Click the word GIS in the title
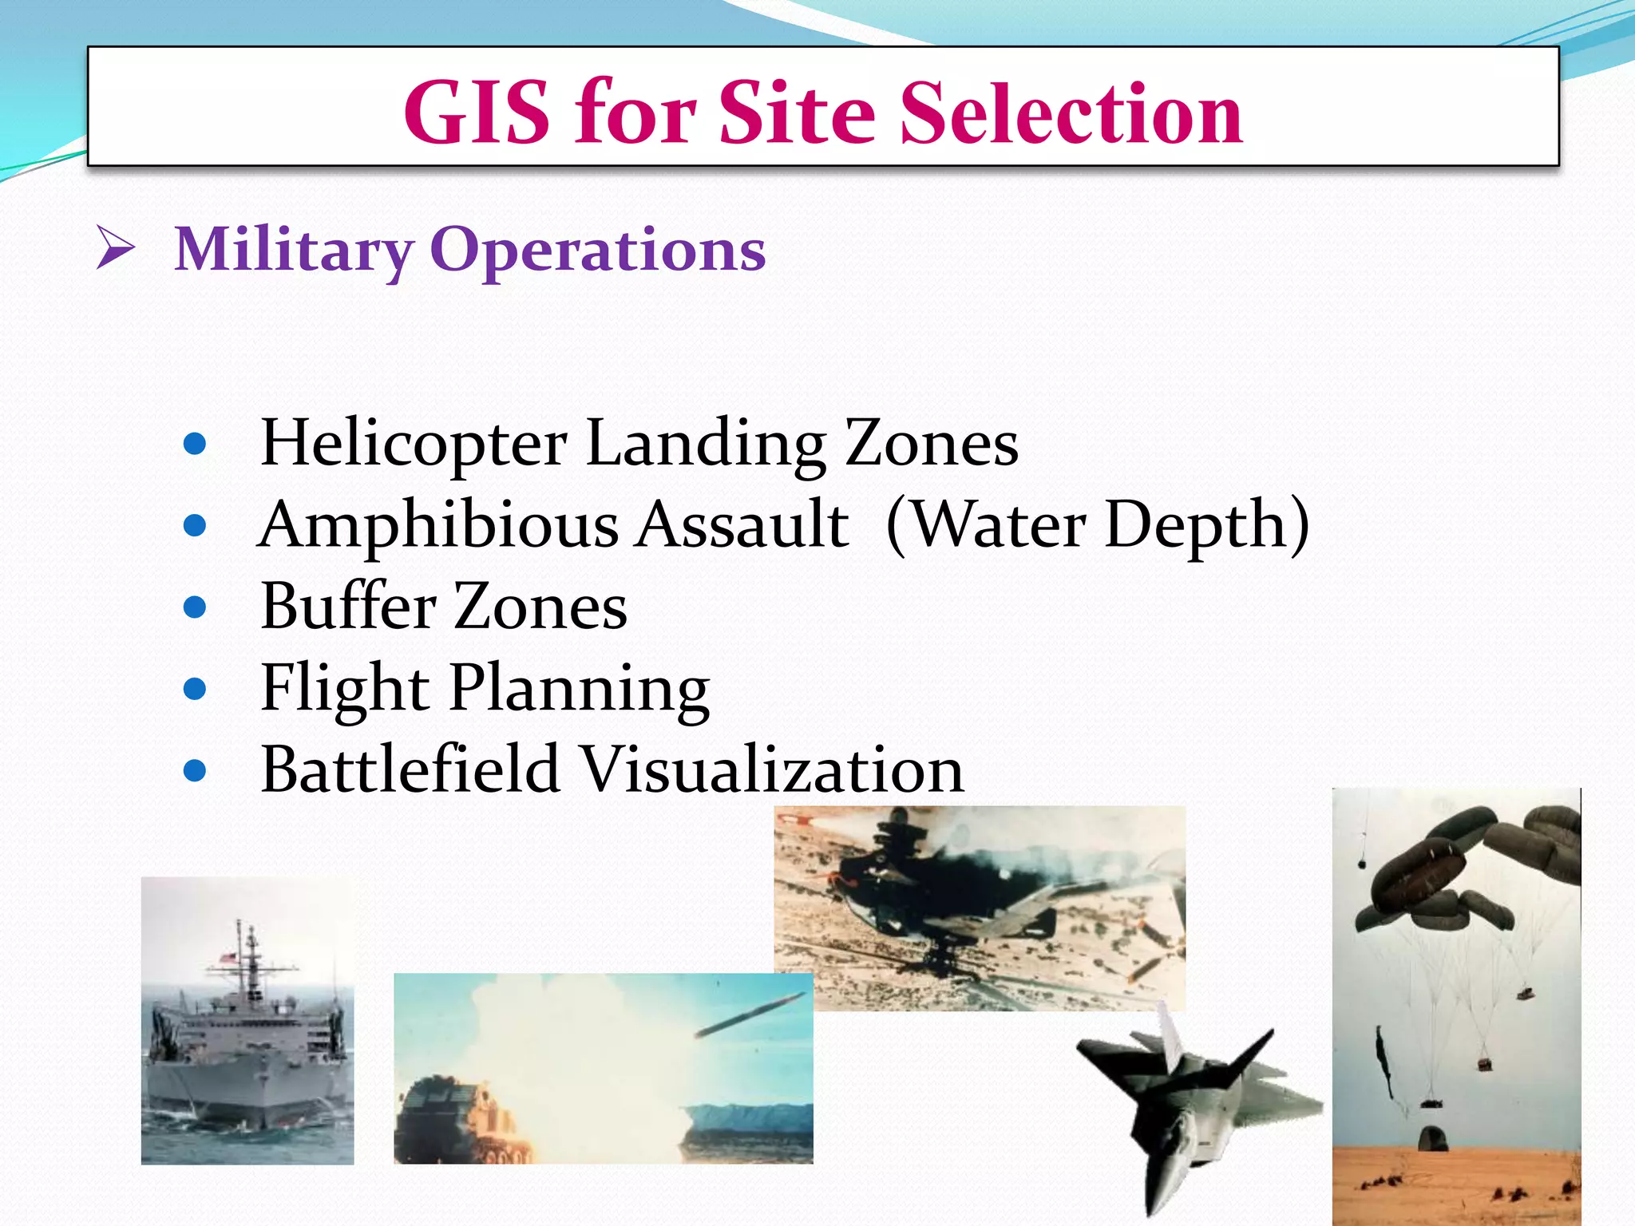(x=477, y=113)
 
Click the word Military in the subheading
(x=294, y=251)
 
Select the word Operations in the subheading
(x=598, y=251)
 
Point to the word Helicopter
(x=414, y=444)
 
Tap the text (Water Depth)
(x=1098, y=526)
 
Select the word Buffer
(x=347, y=607)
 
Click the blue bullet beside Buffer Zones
(x=195, y=607)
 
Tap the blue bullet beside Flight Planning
(x=195, y=689)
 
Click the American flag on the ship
(x=229, y=957)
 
